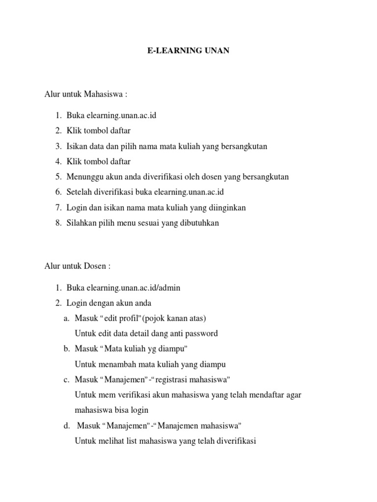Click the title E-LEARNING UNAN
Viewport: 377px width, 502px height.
pyautogui.click(x=188, y=50)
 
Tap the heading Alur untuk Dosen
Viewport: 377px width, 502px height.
pyautogui.click(x=78, y=266)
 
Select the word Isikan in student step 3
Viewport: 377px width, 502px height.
pyautogui.click(x=78, y=147)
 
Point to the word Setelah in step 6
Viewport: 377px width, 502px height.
pyautogui.click(x=80, y=192)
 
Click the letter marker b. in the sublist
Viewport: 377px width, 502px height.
pyautogui.click(x=67, y=349)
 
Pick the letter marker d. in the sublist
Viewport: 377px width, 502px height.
pyautogui.click(x=67, y=425)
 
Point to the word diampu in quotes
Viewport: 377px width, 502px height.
pyautogui.click(x=172, y=349)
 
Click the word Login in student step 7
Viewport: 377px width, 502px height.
pyautogui.click(x=77, y=207)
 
